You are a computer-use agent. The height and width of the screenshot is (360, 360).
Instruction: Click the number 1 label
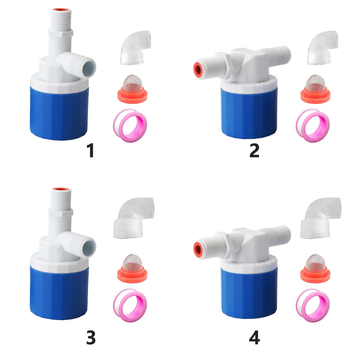91,150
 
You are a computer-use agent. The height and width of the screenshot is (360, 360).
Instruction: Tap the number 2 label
254,150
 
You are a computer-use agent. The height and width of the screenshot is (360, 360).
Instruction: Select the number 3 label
91,338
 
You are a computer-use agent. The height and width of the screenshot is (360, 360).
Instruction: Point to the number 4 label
254,338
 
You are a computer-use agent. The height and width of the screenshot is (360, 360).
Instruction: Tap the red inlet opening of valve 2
198,69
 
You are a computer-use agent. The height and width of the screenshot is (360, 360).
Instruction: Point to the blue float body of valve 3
59,293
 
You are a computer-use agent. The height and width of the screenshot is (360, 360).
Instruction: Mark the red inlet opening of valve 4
198,249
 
